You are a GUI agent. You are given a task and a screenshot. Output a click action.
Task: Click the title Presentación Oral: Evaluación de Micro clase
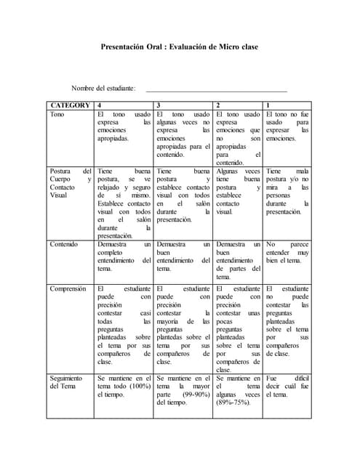click(179, 47)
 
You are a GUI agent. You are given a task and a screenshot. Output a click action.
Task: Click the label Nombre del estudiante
click(103, 88)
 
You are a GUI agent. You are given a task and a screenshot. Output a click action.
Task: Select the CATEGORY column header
click(70, 105)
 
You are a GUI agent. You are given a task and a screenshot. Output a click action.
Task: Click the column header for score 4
click(99, 105)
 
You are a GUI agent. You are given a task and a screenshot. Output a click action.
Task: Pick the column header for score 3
click(159, 105)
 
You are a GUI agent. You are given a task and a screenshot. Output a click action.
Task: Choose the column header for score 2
click(218, 105)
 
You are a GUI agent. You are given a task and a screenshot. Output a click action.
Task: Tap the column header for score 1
click(268, 105)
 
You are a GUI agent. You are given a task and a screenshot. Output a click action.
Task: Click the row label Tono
click(57, 115)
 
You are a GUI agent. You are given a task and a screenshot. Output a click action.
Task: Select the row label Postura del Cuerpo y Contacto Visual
click(70, 182)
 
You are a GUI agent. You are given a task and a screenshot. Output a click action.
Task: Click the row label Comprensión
click(68, 289)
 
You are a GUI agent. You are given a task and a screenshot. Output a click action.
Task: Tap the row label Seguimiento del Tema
click(66, 384)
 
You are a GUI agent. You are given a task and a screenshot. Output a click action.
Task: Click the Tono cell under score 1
click(287, 126)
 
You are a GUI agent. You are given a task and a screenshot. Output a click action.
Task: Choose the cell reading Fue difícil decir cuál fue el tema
click(287, 387)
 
